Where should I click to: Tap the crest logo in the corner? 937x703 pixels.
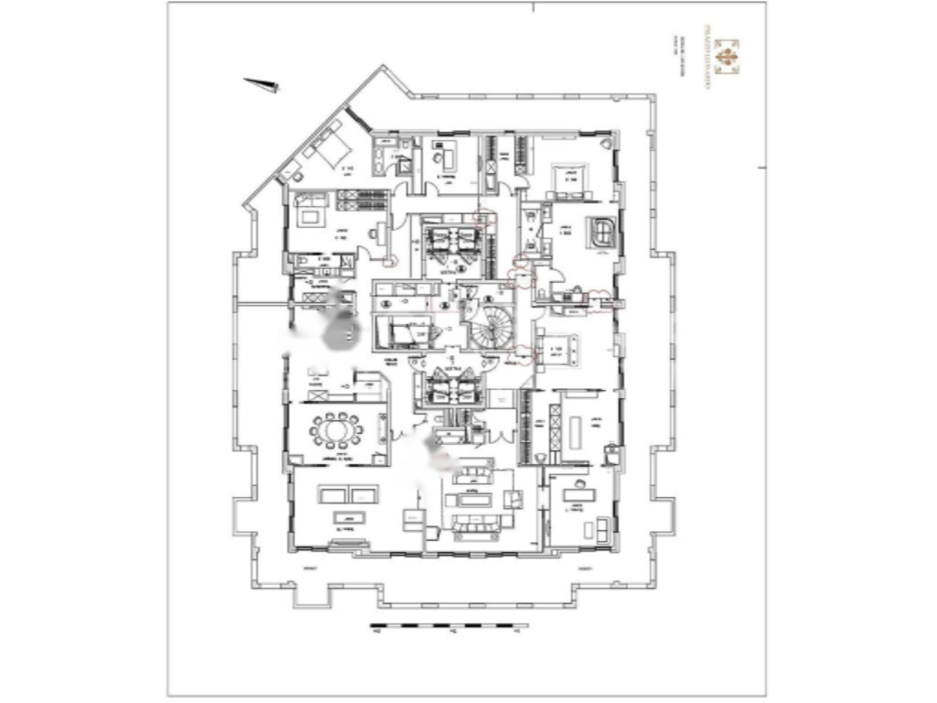[727, 56]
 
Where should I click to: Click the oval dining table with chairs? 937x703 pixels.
[336, 428]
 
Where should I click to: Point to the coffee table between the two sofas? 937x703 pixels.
[472, 498]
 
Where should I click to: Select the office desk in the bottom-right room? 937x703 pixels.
[578, 505]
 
